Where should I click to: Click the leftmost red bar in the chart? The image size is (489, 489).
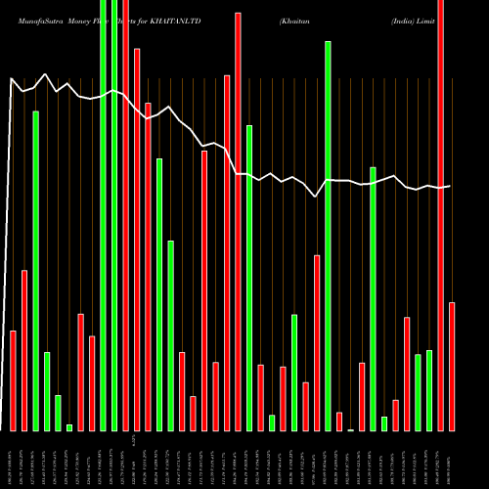pyautogui.click(x=13, y=380)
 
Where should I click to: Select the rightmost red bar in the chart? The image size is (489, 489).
pyautogui.click(x=452, y=367)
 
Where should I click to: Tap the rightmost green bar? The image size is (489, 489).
pyautogui.click(x=429, y=390)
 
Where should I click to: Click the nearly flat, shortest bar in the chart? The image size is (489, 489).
pyautogui.click(x=350, y=429)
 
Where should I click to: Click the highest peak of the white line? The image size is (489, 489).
pyautogui.click(x=45, y=73)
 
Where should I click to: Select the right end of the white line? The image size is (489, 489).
pyautogui.click(x=450, y=186)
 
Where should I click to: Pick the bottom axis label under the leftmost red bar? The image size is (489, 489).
pyautogui.click(x=13, y=460)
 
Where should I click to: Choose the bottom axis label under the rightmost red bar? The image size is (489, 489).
pyautogui.click(x=452, y=460)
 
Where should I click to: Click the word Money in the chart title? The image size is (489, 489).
pyautogui.click(x=74, y=20)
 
